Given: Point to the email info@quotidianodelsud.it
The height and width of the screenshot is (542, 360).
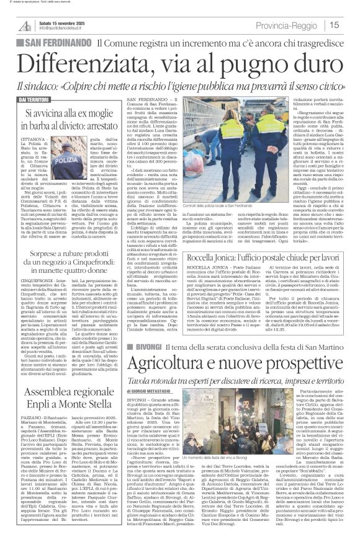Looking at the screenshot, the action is (65, 28).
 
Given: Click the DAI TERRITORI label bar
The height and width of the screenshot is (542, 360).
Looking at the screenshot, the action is (37, 99).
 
